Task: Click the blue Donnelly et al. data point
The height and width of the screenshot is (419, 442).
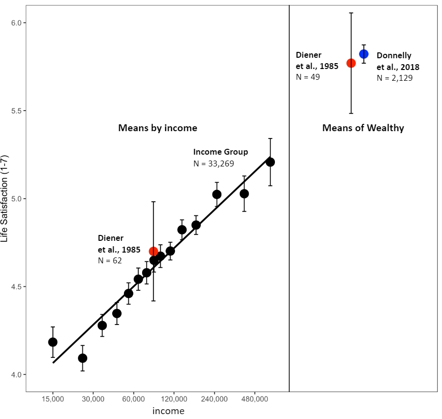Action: click(x=364, y=54)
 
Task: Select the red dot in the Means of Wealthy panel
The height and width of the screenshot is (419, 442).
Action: click(x=351, y=63)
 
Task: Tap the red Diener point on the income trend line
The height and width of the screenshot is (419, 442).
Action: click(x=153, y=252)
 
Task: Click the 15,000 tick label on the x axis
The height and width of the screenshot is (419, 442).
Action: click(x=53, y=399)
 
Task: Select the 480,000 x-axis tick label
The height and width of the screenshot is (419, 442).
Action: click(x=254, y=399)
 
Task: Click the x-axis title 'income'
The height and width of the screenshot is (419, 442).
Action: click(x=168, y=411)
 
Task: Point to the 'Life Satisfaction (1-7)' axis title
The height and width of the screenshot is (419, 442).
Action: click(x=5, y=199)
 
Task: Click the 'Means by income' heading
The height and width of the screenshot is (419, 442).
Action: click(x=157, y=128)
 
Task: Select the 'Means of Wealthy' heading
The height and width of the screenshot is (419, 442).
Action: click(x=363, y=128)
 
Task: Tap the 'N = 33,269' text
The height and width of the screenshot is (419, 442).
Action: click(x=214, y=163)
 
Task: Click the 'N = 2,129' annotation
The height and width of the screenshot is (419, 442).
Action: click(x=394, y=78)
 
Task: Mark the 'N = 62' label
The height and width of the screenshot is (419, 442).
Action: click(x=110, y=260)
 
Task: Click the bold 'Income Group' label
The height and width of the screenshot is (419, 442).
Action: click(x=221, y=152)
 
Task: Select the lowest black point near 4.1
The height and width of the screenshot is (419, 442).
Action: click(x=82, y=358)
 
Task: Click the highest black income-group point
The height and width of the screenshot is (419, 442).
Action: click(x=270, y=162)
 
